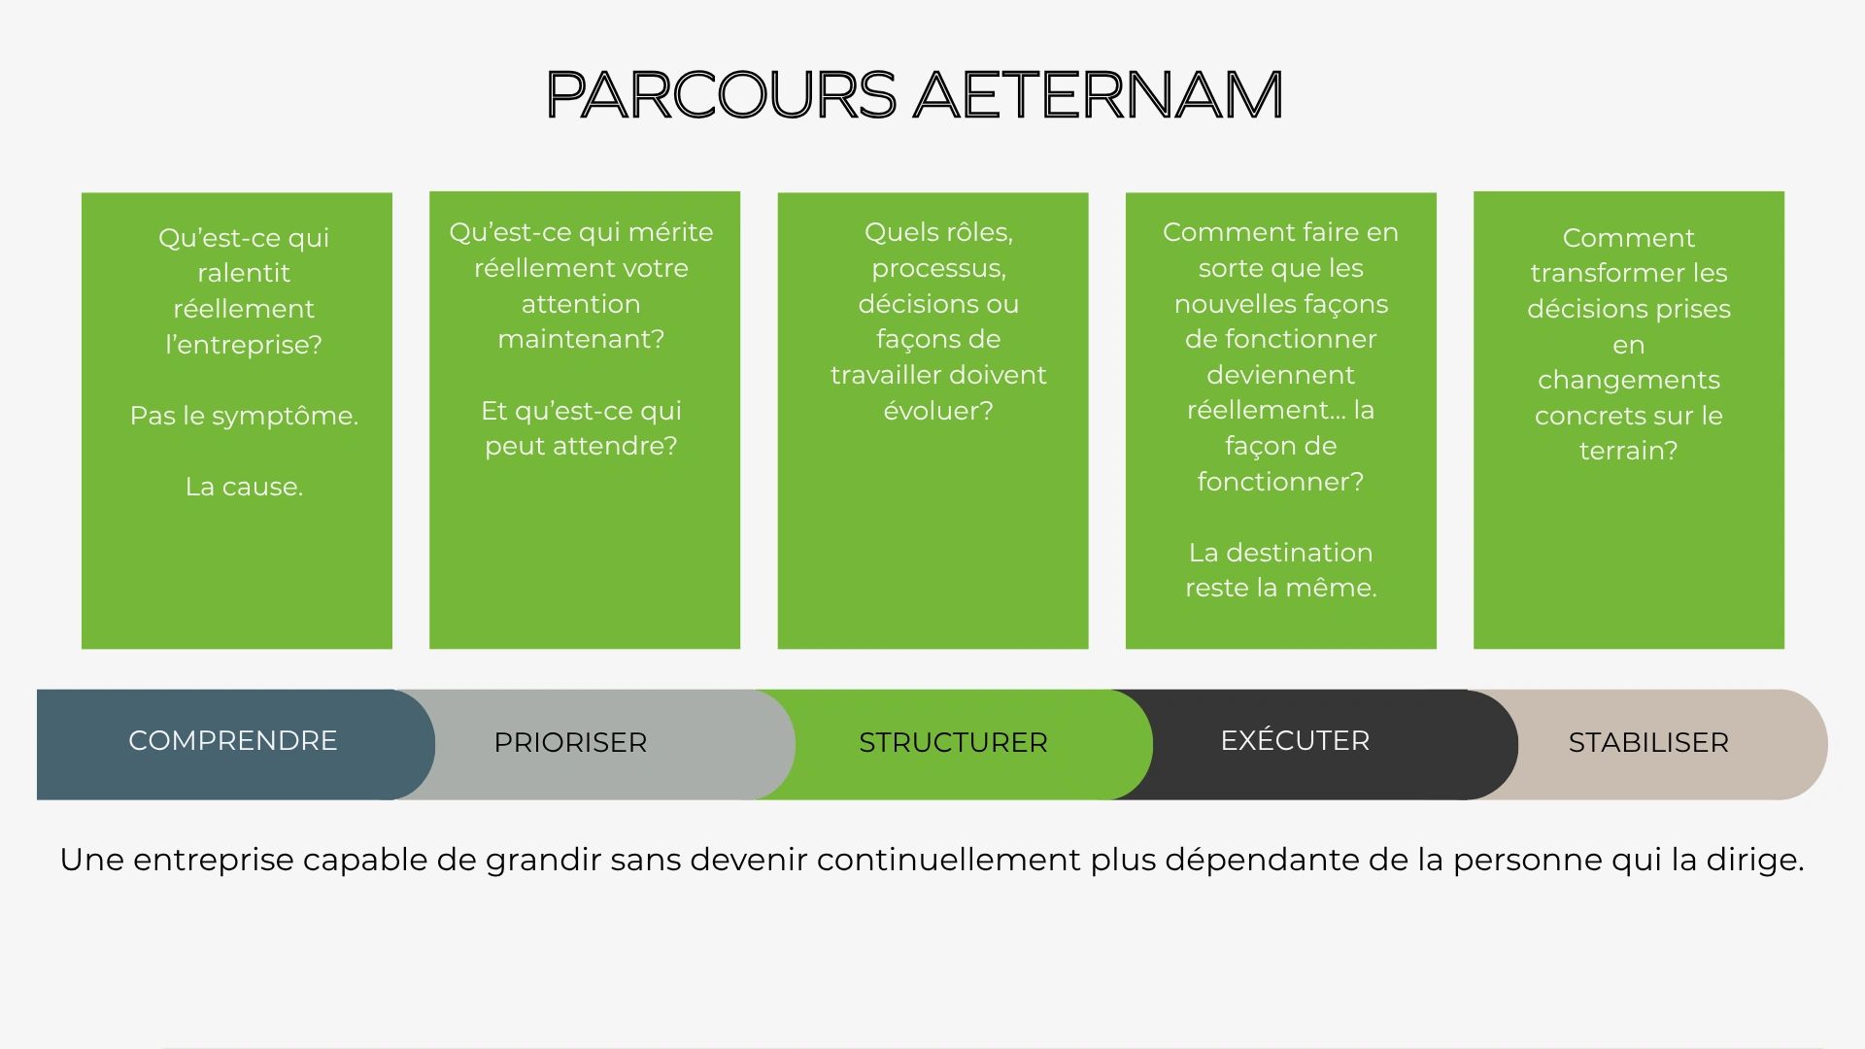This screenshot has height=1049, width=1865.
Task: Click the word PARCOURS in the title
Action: [x=721, y=94]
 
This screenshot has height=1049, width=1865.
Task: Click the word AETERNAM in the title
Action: [x=1099, y=94]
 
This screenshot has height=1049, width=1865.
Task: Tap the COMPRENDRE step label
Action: [x=233, y=740]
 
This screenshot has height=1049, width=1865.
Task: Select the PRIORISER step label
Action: [x=570, y=742]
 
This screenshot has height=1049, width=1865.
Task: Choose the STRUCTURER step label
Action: [x=953, y=742]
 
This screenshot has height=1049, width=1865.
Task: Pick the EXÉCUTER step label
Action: [x=1295, y=739]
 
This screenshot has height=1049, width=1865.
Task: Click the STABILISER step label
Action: [x=1648, y=742]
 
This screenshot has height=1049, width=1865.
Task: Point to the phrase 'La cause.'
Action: [x=244, y=487]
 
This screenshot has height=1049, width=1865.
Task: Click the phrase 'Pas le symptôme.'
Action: [x=244, y=417]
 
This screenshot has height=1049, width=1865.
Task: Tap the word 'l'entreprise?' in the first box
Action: [x=244, y=345]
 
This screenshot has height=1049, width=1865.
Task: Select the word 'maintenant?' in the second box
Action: [x=581, y=339]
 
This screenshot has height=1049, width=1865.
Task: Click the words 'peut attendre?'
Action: [x=581, y=447]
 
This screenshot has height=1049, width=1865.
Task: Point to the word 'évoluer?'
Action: [x=938, y=411]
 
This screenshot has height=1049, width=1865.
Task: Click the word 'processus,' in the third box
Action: [x=938, y=269]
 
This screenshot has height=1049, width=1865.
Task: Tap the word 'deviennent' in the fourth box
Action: [x=1280, y=375]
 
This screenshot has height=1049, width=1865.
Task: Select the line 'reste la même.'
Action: [x=1280, y=588]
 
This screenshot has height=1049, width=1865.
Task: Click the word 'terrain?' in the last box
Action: [x=1628, y=451]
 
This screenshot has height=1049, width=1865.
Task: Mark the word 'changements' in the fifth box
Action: [x=1628, y=381]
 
